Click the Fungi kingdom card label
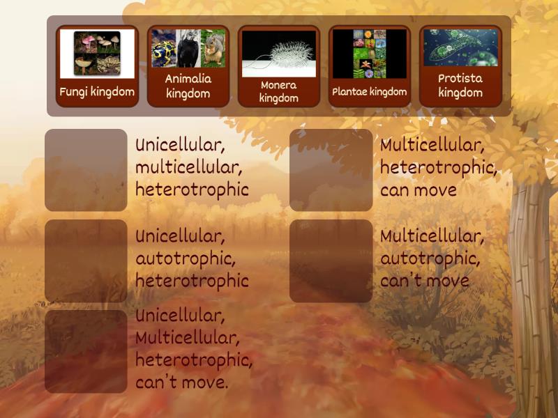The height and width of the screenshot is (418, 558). point(97,91)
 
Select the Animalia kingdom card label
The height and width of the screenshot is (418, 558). point(188,86)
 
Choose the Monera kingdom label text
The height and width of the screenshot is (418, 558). point(278,91)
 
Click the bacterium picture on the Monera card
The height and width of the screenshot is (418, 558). point(278,54)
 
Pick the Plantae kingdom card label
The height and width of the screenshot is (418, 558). point(370,91)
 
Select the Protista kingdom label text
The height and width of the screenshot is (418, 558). point(460,86)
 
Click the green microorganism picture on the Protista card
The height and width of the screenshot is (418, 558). point(460,47)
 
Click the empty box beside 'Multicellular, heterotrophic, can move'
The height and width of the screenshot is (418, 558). point(331,170)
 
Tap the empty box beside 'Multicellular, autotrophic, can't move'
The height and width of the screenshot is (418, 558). point(331,261)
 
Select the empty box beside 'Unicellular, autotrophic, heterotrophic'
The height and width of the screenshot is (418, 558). point(86,261)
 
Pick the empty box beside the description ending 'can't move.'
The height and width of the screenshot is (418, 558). point(86,351)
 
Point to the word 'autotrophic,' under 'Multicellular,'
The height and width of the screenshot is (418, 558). point(430,258)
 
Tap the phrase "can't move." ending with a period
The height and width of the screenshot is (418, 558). point(182,382)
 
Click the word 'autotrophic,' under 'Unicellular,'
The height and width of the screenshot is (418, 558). point(186,258)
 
